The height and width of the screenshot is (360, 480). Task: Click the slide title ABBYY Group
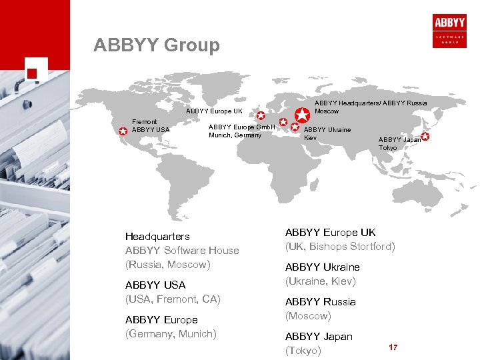pos(157,45)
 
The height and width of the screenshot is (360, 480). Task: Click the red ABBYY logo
pos(450,26)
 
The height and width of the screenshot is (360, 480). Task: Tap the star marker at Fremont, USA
pos(123,131)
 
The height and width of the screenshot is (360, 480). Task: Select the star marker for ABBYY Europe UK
pos(261,115)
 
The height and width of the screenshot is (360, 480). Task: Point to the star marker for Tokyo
pos(425,137)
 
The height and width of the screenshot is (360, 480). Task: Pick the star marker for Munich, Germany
pos(283,123)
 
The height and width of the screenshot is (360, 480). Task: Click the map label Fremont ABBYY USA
pos(146,125)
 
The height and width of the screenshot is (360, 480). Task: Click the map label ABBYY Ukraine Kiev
pos(327,133)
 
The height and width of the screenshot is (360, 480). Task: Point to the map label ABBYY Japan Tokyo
pos(399,143)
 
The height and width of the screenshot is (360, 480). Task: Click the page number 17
pos(393,347)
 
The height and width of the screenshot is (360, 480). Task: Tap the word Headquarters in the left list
pos(157,236)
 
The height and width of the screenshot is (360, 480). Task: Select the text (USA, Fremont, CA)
pos(173,299)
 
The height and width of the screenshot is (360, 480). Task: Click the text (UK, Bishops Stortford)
pos(340,247)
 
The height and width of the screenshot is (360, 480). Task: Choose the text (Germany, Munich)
pos(171,334)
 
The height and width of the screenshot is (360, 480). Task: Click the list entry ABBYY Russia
pos(321,301)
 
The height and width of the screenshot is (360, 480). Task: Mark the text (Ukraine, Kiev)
pos(321,281)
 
